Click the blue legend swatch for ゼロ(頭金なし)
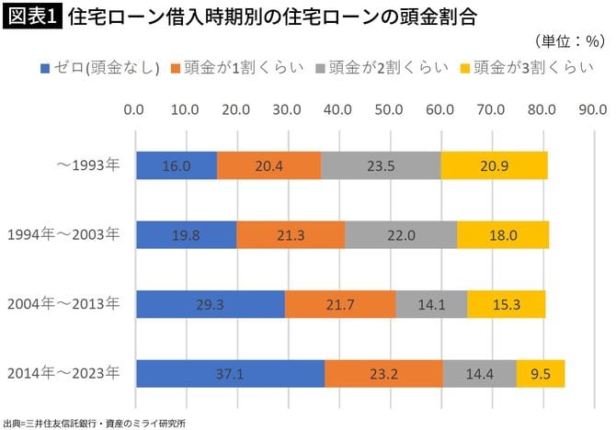pos(46,68)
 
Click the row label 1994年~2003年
pos(63,234)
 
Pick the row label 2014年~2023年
pos(63,373)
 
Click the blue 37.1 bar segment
pos(230,374)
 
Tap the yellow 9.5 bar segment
pos(540,374)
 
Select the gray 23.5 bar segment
pos(381,165)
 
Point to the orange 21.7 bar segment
pos(340,304)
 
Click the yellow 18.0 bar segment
pos(503,235)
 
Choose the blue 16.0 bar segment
pos(177,165)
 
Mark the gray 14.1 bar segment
pos(431,304)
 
